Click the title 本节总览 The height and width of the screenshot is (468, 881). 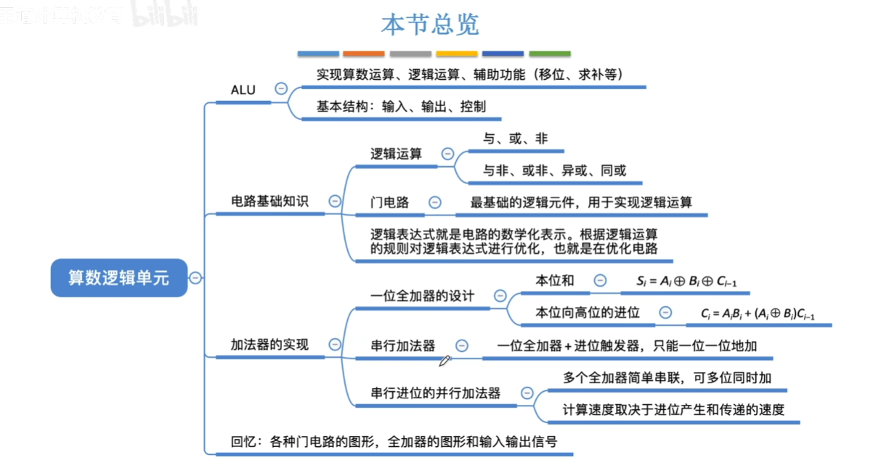coord(430,25)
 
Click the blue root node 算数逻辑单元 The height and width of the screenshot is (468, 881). coord(118,277)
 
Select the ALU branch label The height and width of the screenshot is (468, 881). coord(243,90)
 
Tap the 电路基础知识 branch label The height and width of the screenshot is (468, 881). coord(269,202)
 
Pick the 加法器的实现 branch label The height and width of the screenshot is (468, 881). coord(269,345)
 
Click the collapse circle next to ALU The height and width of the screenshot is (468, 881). coord(281,89)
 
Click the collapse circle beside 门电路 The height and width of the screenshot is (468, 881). coord(434,202)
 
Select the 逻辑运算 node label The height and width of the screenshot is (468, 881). coord(396,154)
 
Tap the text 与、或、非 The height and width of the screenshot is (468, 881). coord(516,139)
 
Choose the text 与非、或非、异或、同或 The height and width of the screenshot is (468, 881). coord(555,171)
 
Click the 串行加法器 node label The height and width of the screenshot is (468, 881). coord(402,346)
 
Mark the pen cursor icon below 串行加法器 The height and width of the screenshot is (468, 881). coord(444,361)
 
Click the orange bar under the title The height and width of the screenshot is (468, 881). coord(363,54)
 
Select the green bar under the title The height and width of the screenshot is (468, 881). coord(550,54)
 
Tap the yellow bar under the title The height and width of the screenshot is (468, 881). coord(457,54)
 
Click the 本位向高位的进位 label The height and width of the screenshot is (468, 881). coord(588,313)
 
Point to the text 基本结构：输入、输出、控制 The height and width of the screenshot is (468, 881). coord(401,106)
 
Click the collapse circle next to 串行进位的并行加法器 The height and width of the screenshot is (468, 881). coord(527,393)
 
